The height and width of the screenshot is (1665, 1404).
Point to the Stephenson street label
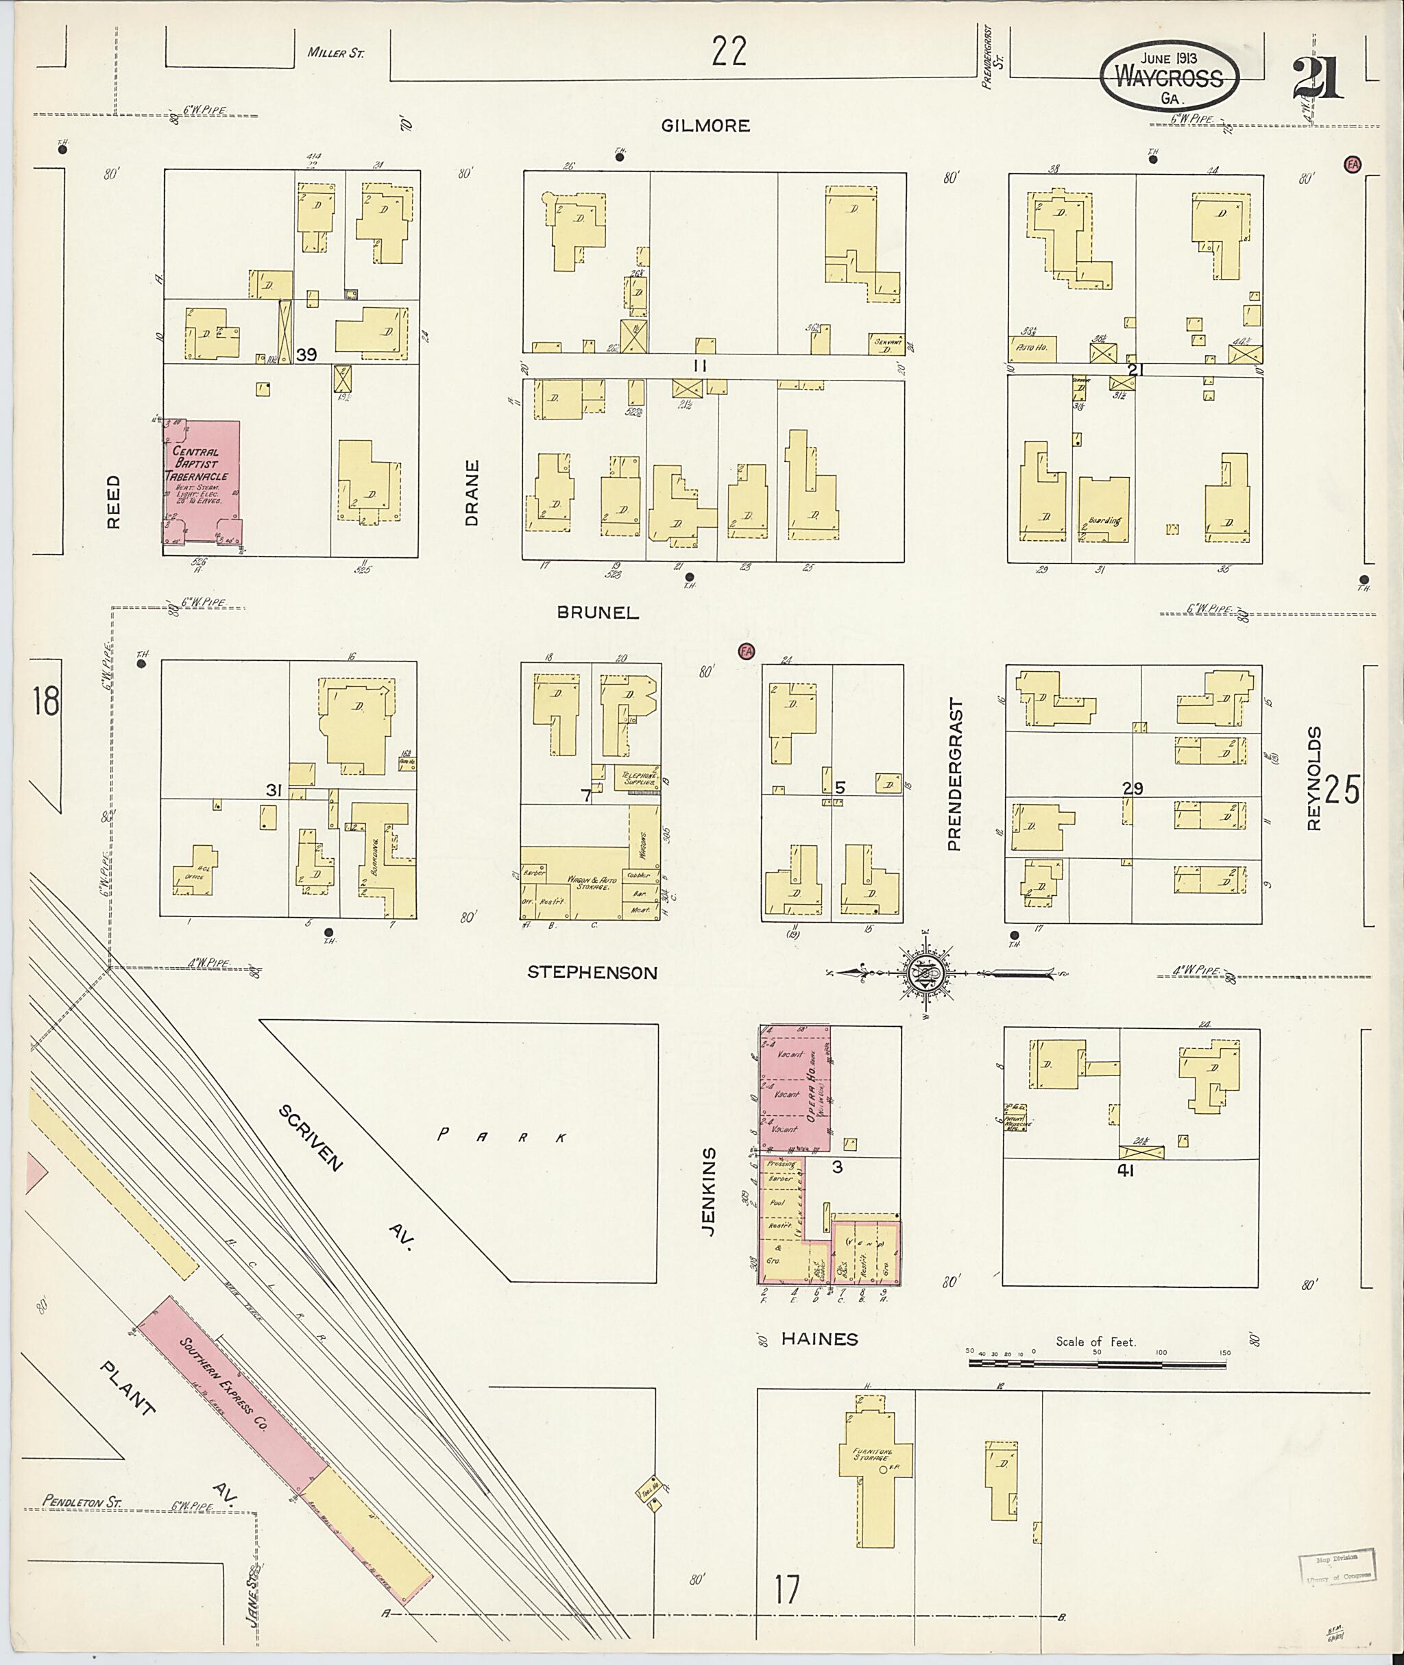(x=592, y=973)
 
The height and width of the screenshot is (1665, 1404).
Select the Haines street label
(x=819, y=1339)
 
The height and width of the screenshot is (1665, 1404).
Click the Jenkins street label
(x=709, y=1191)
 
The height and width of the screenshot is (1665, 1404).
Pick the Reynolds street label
(x=1314, y=779)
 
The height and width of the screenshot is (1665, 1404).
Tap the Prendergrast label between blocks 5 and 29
(x=955, y=775)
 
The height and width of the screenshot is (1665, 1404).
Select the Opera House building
(x=796, y=1089)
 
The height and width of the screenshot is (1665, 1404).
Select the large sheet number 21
(x=1318, y=78)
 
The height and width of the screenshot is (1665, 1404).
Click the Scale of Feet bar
(x=1097, y=1363)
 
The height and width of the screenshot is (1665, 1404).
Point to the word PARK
(x=503, y=1137)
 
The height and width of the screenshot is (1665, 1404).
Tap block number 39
(x=306, y=355)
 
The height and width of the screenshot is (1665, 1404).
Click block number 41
(x=1124, y=1170)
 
